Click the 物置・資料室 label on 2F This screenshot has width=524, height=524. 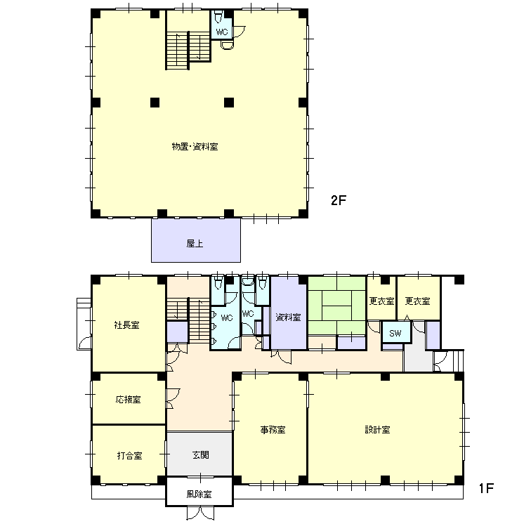pos(195,147)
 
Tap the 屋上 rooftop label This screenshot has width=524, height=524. pos(195,244)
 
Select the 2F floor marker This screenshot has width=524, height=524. pos(338,200)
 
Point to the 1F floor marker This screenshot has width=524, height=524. pos(486,489)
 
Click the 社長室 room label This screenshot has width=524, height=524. pos(126,325)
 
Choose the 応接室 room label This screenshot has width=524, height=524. pos(129,400)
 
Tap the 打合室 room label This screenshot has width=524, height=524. pos(129,455)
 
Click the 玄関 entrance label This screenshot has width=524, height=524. pos(200,455)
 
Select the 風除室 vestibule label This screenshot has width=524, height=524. pos(199,494)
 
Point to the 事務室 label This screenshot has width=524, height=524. pos(273,430)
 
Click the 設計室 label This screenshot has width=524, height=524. pos(377,430)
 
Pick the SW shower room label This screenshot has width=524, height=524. pos(395,333)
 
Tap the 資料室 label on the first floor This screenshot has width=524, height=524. pos(288,317)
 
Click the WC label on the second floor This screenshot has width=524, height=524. pos(222,32)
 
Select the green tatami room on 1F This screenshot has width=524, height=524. pos(336,306)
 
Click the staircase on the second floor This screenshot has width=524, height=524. pos(188,50)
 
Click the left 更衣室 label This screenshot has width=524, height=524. pos(381,301)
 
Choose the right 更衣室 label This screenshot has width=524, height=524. pos(417,301)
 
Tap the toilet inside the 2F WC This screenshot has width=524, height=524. pos(218,17)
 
